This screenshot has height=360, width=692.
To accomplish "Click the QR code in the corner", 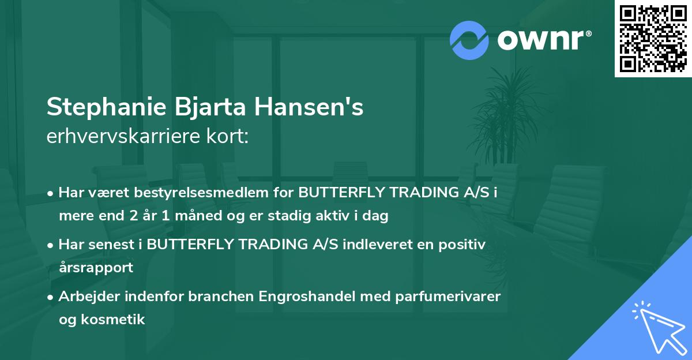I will point(653,38).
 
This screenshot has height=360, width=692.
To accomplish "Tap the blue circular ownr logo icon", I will point(469,40).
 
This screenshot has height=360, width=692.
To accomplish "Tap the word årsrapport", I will point(96,268).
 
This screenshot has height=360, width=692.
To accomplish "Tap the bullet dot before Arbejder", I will point(51,297).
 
